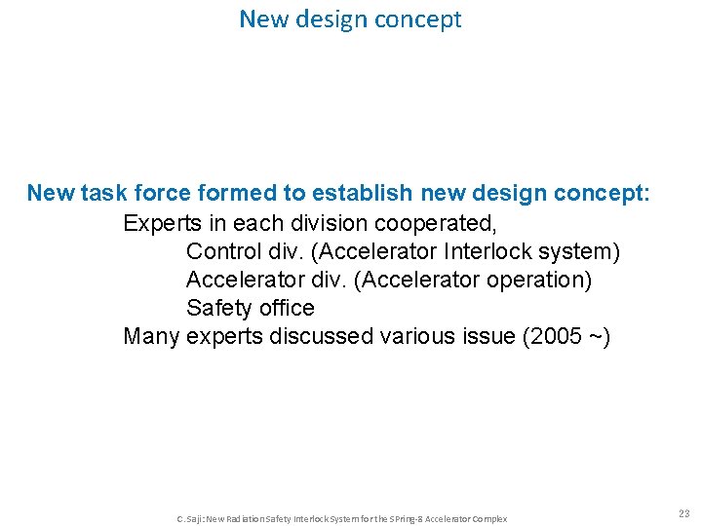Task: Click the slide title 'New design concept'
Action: pyautogui.click(x=350, y=19)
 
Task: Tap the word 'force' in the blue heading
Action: pyautogui.click(x=159, y=193)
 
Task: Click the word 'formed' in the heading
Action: pyautogui.click(x=230, y=193)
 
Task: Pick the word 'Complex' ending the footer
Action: pyautogui.click(x=489, y=518)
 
